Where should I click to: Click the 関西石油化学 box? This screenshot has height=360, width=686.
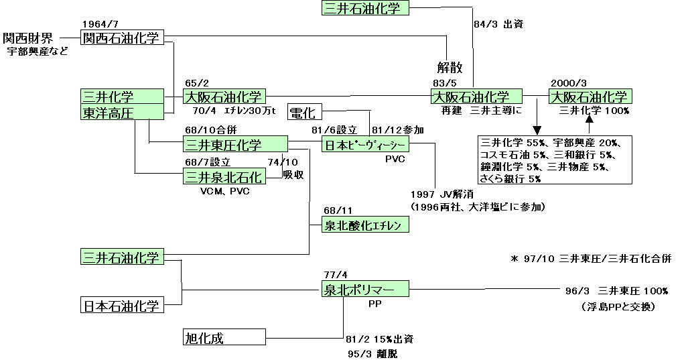122,38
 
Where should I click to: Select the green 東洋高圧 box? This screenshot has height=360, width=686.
122,113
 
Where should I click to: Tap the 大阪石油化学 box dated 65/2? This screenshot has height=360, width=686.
224,97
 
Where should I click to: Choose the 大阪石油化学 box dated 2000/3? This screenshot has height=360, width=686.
590,97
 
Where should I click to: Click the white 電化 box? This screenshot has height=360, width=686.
304,112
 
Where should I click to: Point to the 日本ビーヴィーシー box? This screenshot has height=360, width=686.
365,145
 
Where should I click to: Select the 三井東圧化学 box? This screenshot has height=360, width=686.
234,144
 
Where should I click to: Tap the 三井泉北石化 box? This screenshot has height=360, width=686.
224,176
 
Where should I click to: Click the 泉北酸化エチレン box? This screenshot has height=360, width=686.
365,225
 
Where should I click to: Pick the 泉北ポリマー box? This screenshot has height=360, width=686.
365,290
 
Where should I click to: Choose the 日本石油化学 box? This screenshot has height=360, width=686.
122,306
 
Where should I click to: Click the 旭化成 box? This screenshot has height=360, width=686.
224,337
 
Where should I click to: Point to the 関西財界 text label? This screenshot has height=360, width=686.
31,38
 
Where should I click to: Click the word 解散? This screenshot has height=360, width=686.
450,68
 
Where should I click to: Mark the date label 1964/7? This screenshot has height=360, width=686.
99,24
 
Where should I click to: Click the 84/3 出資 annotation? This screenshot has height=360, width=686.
498,24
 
